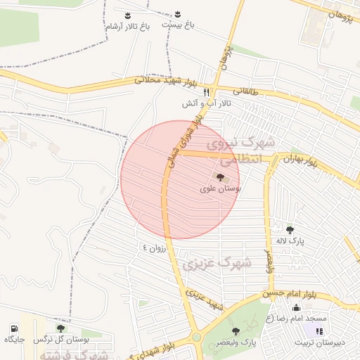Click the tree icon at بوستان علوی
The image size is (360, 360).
coord(221,178)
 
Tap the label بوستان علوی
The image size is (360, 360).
coord(221,189)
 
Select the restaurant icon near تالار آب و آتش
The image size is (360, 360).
coord(206,92)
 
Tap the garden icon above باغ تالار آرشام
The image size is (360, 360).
coord(127,15)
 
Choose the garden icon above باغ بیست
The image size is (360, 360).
coord(177,13)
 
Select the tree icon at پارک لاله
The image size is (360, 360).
coord(290,229)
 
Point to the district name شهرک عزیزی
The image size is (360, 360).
coord(212,262)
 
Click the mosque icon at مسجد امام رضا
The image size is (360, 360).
coord(296,307)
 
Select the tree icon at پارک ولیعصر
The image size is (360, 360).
coord(236,330)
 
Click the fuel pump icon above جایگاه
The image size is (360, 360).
coord(14,328)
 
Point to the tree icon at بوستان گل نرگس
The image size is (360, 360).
coord(60,328)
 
